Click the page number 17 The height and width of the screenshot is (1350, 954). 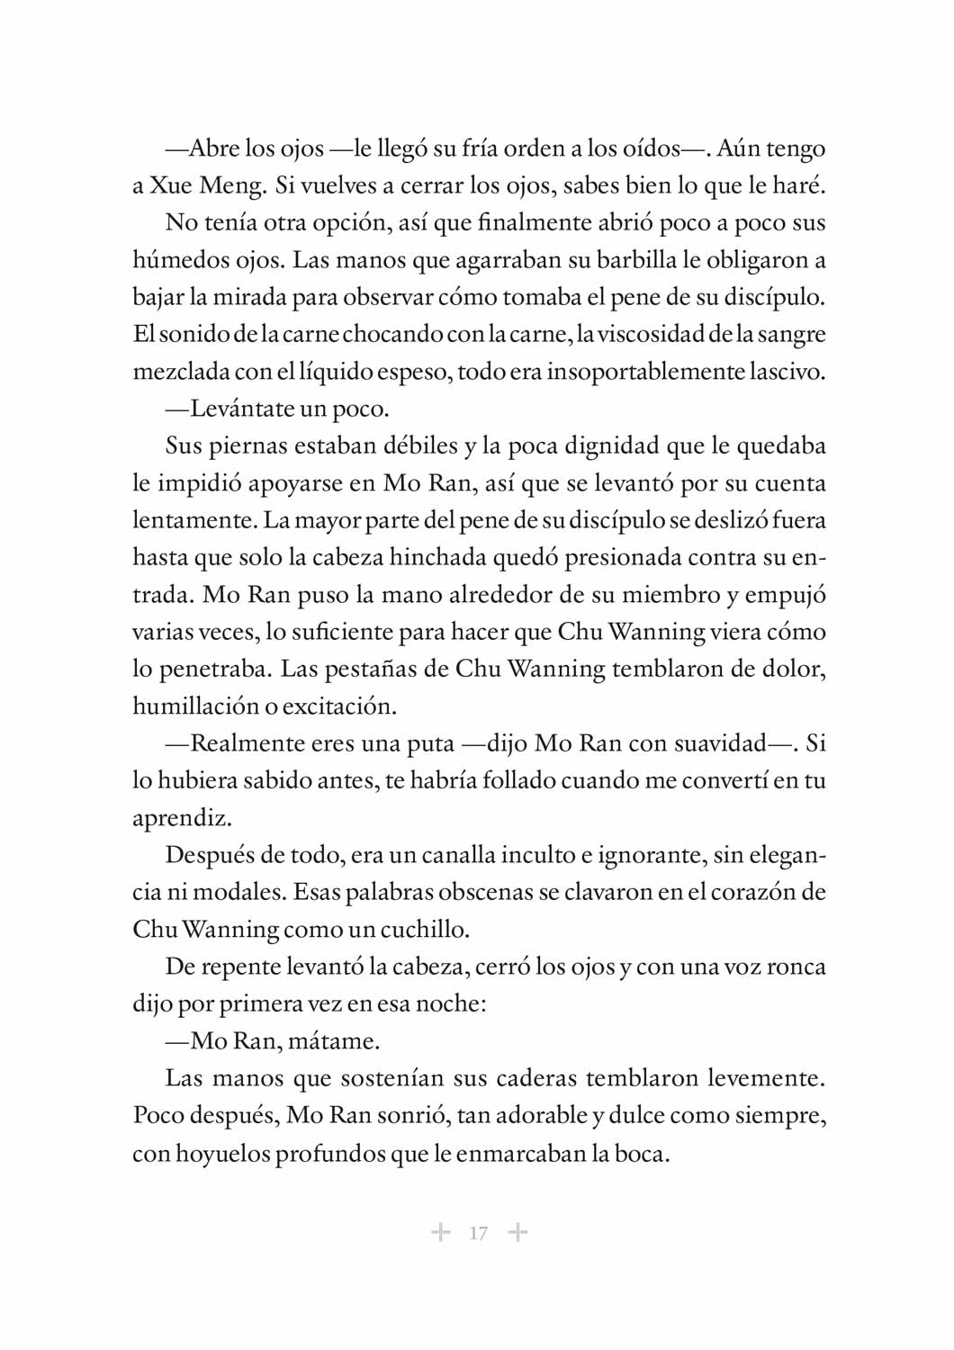(478, 1233)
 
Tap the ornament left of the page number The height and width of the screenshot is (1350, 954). (440, 1232)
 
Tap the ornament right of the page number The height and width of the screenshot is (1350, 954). (517, 1232)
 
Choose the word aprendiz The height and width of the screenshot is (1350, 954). (182, 818)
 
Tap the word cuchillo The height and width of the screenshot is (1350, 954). (424, 929)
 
